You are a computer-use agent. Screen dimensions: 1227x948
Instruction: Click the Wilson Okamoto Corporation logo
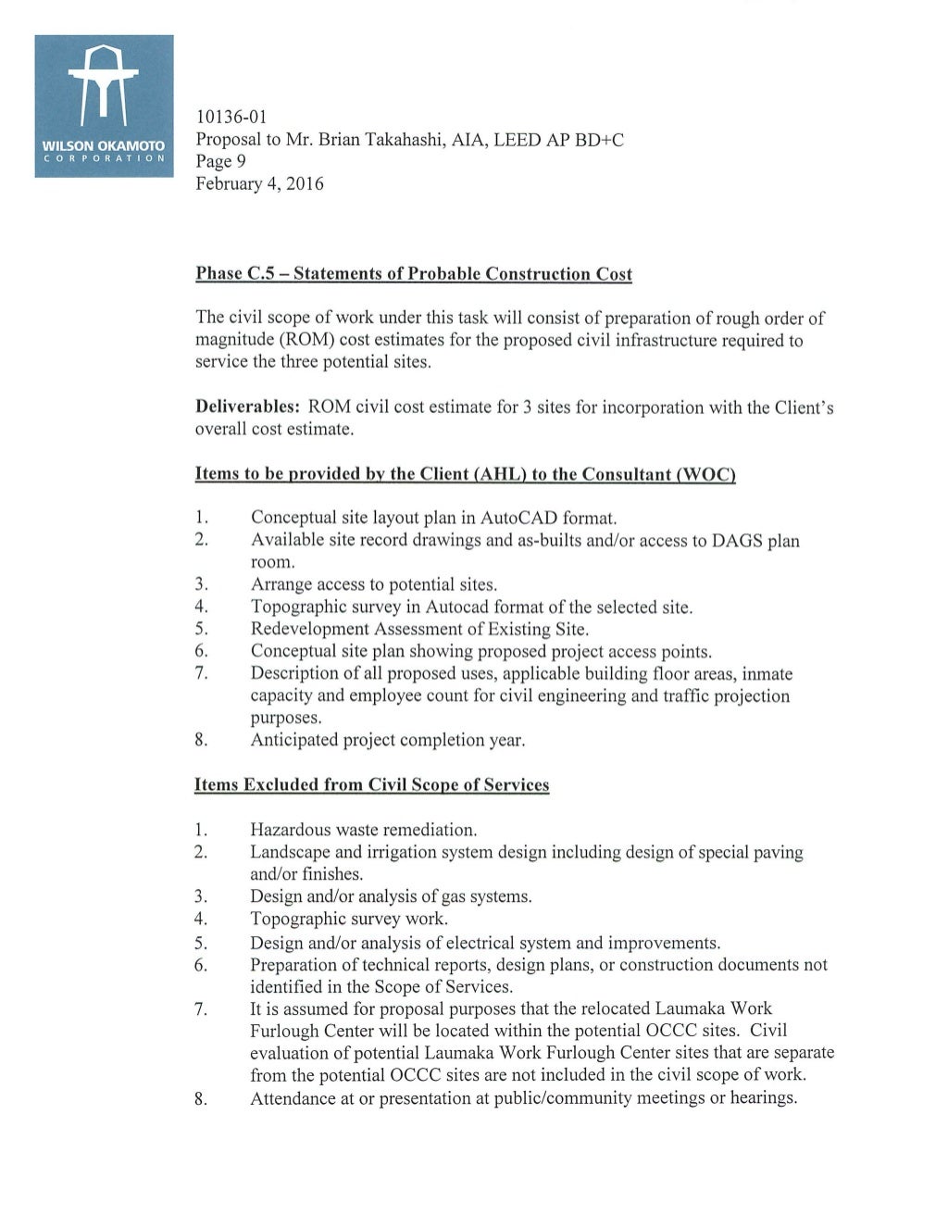point(104,106)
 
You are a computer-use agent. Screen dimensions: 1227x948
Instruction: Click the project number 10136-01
point(231,118)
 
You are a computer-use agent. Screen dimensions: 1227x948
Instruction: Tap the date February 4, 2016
point(259,184)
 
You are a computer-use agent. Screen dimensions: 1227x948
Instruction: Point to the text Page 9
point(220,162)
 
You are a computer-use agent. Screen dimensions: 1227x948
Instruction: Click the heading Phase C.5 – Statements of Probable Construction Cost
point(414,274)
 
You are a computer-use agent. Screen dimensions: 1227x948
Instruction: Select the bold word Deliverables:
point(247,407)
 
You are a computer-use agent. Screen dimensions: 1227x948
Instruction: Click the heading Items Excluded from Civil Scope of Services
point(371,785)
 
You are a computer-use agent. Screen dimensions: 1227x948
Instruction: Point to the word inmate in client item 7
point(767,674)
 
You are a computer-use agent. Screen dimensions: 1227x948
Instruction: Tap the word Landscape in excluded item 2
point(290,852)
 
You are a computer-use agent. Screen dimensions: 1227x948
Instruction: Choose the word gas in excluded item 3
point(460,896)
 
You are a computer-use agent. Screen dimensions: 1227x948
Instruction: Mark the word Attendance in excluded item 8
point(294,1098)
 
